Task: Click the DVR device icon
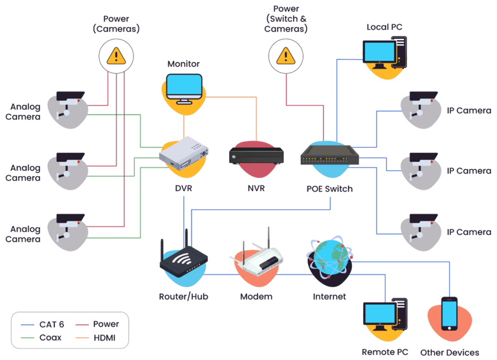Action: [x=184, y=153]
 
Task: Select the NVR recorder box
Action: [x=256, y=156]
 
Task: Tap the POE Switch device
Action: [x=329, y=155]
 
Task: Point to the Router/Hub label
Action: [x=184, y=297]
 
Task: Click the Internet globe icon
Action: [x=329, y=258]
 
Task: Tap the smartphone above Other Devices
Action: [x=450, y=313]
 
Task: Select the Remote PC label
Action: [x=385, y=352]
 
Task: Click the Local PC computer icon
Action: [x=385, y=53]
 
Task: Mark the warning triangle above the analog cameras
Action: [x=116, y=56]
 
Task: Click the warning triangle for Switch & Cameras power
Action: [x=285, y=56]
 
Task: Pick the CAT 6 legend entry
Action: [x=43, y=324]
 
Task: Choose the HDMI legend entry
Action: [x=95, y=338]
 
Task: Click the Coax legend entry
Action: [x=41, y=338]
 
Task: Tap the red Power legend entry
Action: [x=97, y=324]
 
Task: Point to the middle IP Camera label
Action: [x=469, y=171]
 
